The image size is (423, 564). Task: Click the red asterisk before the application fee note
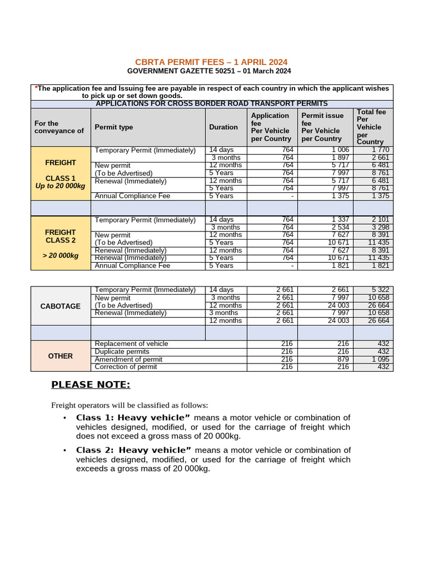36,88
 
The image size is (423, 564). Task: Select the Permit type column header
113,127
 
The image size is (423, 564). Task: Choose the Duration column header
224,127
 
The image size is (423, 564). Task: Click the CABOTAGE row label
60,306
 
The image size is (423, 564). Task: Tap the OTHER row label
60,356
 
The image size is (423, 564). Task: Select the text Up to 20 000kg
61,186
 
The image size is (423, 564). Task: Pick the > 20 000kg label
61,255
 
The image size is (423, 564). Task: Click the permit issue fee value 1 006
340,150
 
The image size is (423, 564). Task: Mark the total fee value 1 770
381,150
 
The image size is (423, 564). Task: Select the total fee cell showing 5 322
381,290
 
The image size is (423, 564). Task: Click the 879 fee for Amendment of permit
343,359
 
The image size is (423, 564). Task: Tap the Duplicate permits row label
122,351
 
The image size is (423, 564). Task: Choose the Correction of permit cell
126,367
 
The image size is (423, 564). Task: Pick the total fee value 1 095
381,359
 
